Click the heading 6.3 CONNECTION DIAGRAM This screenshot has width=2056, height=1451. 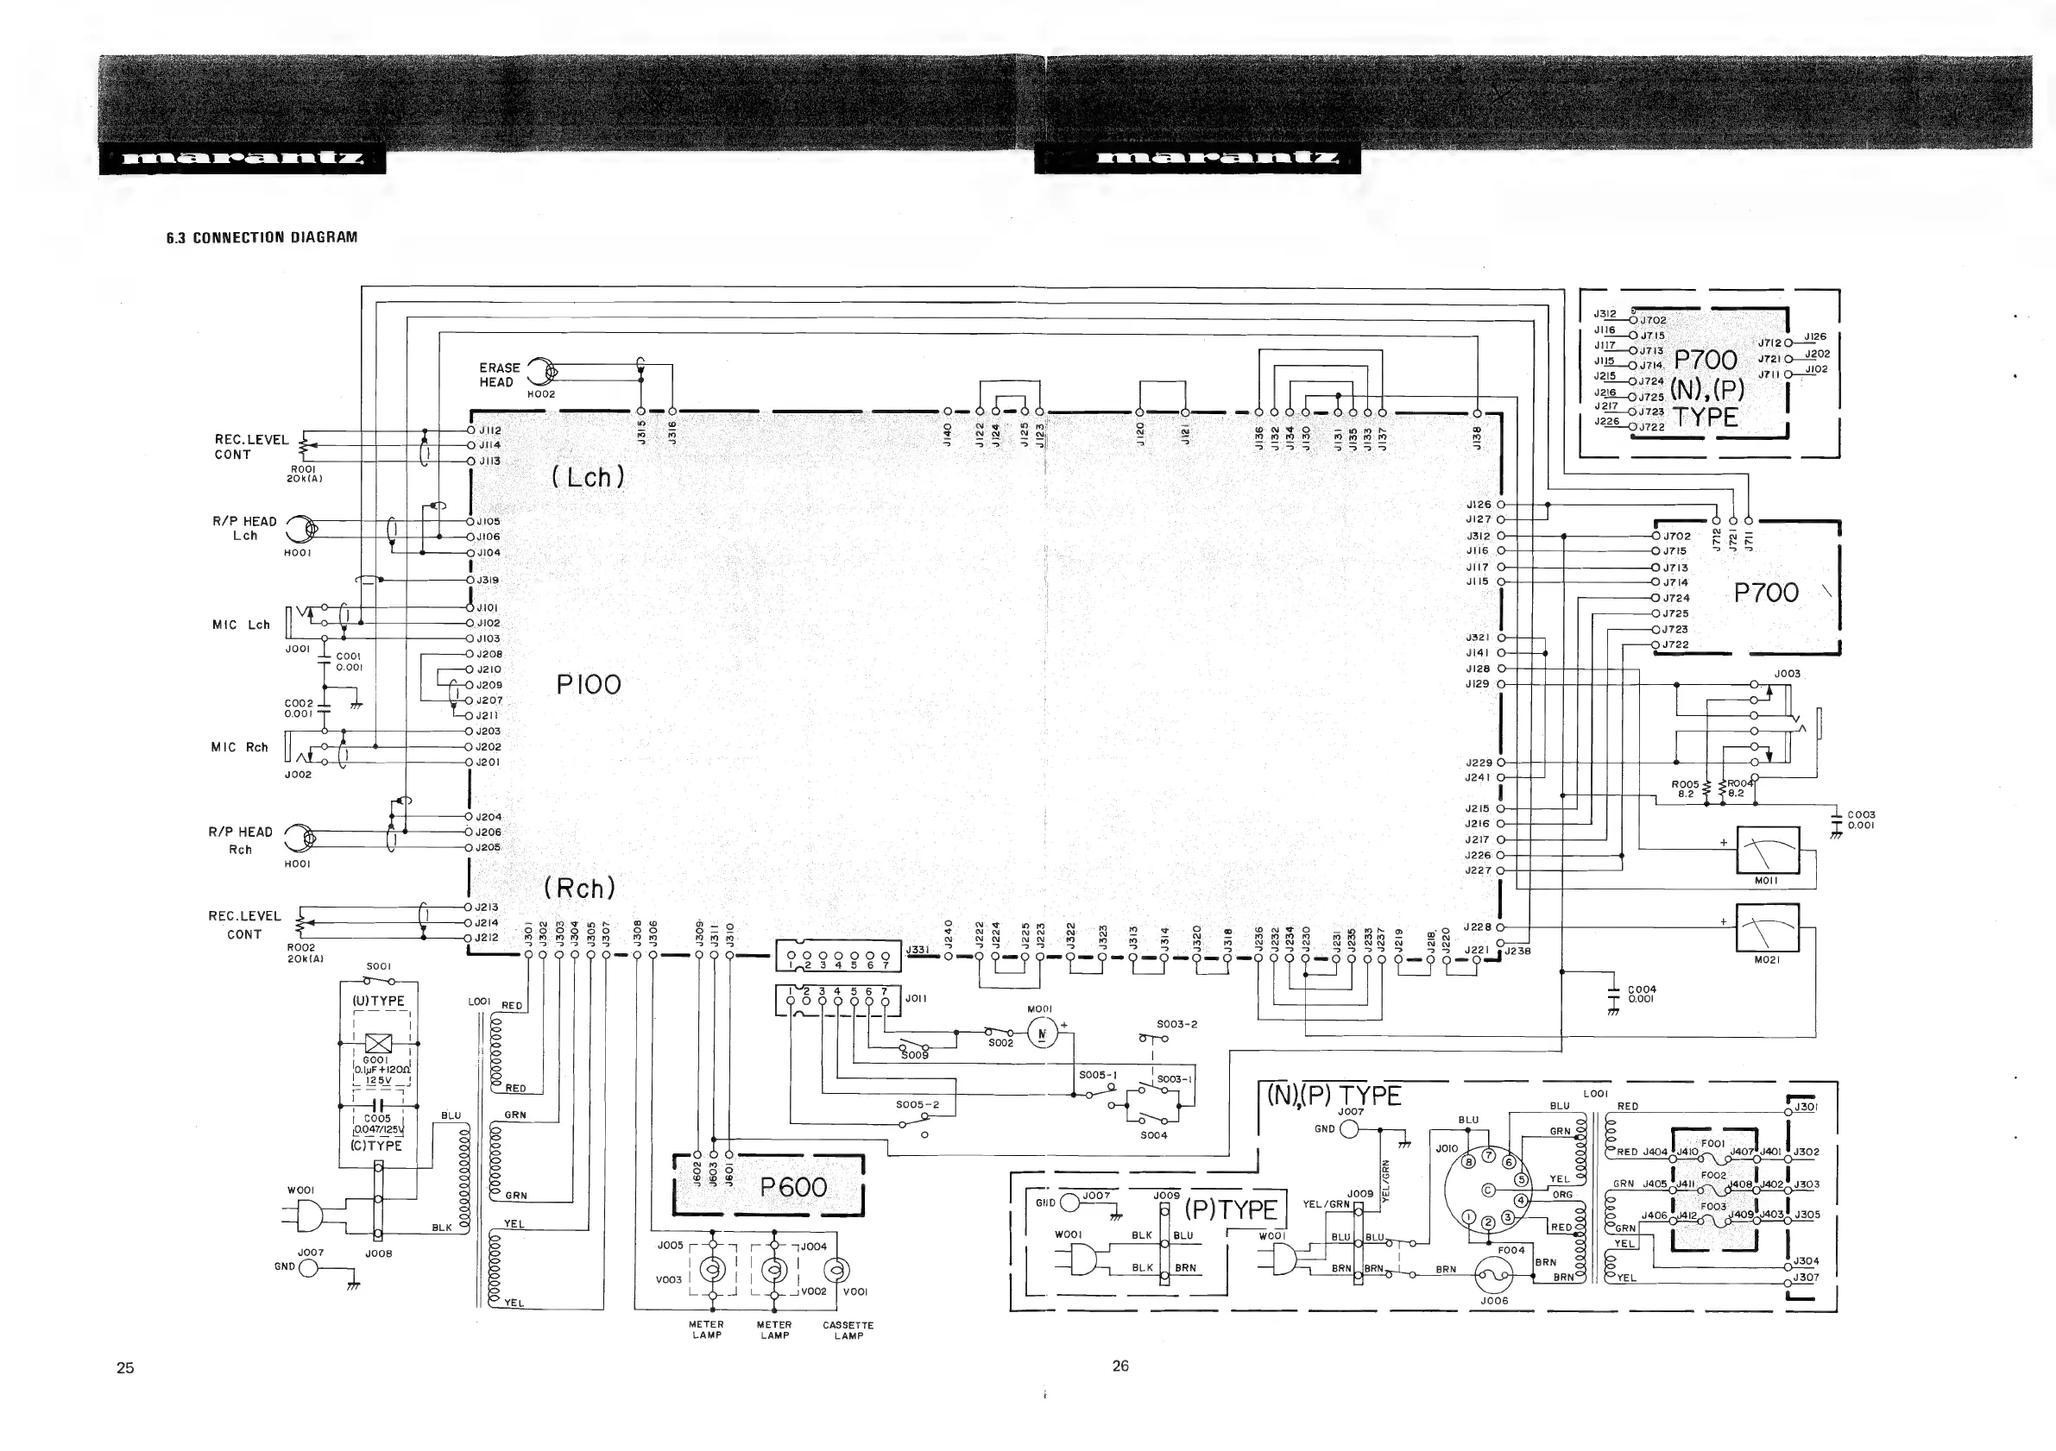[262, 237]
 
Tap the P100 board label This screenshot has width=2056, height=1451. [589, 685]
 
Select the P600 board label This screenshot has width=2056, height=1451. [793, 1187]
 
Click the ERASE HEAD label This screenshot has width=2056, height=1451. [499, 375]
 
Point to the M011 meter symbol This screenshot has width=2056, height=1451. [1767, 851]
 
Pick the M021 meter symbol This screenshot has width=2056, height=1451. [1766, 928]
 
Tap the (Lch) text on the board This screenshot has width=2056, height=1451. [588, 477]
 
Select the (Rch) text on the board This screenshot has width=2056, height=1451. [580, 888]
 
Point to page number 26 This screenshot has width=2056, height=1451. [1120, 1365]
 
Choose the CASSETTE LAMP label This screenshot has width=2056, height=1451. [847, 1330]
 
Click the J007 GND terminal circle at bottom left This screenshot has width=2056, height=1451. [308, 1268]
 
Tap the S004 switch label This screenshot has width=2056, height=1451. [1153, 1135]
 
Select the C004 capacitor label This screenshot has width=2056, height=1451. [1642, 994]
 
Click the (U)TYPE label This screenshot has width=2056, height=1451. [379, 1001]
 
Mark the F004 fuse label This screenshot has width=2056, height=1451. [1510, 1250]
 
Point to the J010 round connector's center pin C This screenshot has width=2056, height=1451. [1488, 1190]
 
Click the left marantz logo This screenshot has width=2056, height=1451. [243, 160]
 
